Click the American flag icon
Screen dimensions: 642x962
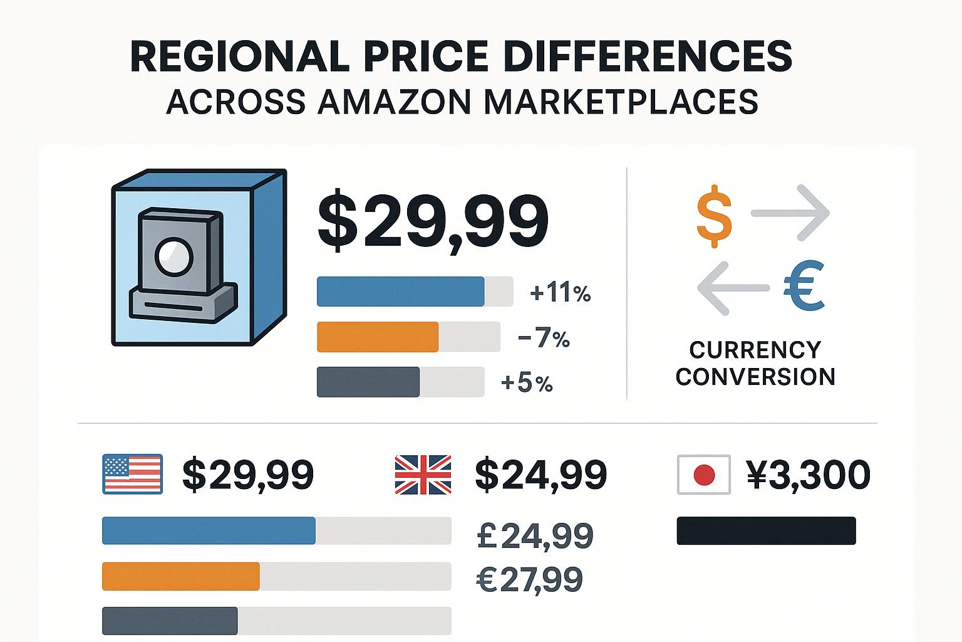point(132,474)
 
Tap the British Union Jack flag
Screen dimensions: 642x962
point(423,475)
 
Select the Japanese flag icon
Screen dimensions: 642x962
point(704,475)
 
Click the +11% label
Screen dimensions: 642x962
point(560,293)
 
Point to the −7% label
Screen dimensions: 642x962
point(544,339)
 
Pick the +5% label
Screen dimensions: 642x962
point(527,382)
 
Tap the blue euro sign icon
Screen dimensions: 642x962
point(804,288)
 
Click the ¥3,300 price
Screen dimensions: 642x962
point(808,475)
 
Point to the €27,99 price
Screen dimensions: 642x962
point(530,579)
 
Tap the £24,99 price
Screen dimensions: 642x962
point(535,536)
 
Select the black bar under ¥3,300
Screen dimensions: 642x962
point(766,530)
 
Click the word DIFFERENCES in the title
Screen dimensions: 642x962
point(648,56)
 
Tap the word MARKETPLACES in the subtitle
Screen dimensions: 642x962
point(621,102)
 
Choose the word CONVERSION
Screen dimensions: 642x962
point(755,376)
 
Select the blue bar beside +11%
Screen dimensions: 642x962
point(401,292)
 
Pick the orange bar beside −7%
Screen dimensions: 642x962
point(378,337)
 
